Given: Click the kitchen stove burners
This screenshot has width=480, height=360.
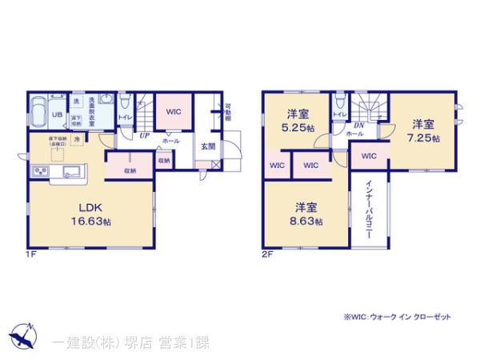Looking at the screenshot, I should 40,173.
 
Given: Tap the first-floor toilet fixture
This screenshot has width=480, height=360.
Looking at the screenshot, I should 125,101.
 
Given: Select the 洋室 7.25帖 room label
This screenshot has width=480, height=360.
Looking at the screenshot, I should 424,130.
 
